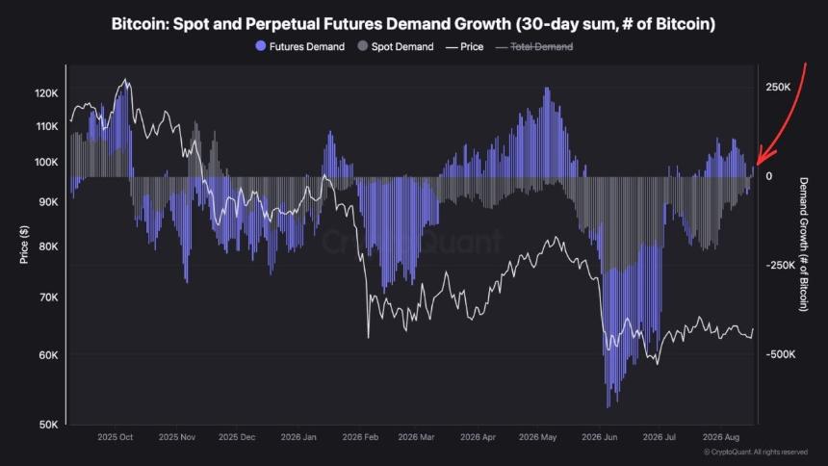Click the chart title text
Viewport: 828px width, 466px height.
pos(413,24)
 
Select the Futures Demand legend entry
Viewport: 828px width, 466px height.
pos(300,46)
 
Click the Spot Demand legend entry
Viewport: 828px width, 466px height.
pos(396,46)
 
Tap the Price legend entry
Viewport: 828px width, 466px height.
pos(465,46)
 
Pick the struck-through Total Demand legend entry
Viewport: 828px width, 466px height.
pos(534,46)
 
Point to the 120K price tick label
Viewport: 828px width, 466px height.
pos(46,93)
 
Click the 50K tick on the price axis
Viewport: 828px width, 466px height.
pos(48,425)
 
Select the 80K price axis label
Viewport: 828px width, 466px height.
pos(48,246)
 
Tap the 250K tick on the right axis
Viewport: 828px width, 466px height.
pos(778,87)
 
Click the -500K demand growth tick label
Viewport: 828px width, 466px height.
pos(781,354)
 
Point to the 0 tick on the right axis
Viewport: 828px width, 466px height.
pos(769,176)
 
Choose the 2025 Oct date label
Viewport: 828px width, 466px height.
pos(116,437)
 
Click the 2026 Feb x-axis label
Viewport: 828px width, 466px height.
pos(360,437)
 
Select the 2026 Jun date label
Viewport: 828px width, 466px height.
pos(600,437)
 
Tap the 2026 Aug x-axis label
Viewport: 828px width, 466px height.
pos(721,437)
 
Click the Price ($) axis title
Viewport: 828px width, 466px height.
pos(24,245)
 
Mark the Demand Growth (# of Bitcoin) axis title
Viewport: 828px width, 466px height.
pos(803,245)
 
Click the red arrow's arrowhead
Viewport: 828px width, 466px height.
pos(763,157)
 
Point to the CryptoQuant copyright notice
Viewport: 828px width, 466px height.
pos(756,452)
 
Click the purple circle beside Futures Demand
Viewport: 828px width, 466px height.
pos(260,46)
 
